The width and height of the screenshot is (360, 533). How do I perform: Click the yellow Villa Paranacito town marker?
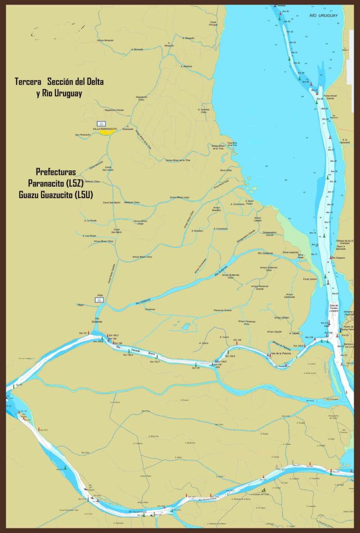pyautogui.click(x=107, y=132)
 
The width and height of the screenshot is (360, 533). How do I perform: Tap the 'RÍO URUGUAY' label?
pyautogui.click(x=324, y=16)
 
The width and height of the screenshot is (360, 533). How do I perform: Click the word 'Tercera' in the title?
pyautogui.click(x=29, y=82)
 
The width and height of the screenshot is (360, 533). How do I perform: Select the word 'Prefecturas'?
pyautogui.click(x=56, y=171)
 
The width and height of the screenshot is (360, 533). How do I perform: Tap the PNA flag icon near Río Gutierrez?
pyautogui.click(x=99, y=299)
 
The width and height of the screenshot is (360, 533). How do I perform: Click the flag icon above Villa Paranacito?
pyautogui.click(x=102, y=123)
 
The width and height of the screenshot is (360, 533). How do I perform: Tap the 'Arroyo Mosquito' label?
pyautogui.click(x=105, y=40)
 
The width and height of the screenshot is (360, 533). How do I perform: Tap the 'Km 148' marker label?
pyautogui.click(x=237, y=340)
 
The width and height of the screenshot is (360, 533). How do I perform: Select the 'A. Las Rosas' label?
pyautogui.click(x=89, y=235)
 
